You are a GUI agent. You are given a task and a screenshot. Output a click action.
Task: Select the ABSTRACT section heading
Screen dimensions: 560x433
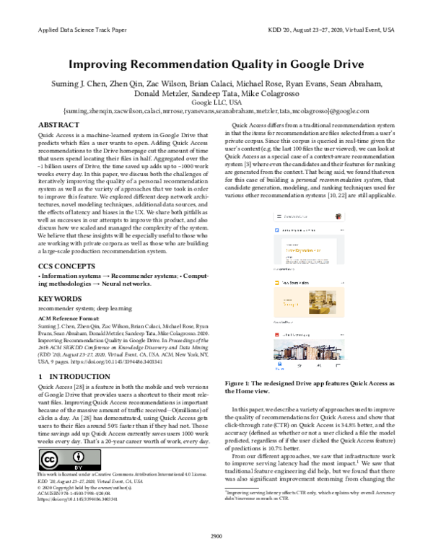58,126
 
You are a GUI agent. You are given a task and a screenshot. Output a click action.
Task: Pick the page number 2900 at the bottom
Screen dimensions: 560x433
216,535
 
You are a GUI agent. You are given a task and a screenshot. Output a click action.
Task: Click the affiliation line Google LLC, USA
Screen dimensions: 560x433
216,102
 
